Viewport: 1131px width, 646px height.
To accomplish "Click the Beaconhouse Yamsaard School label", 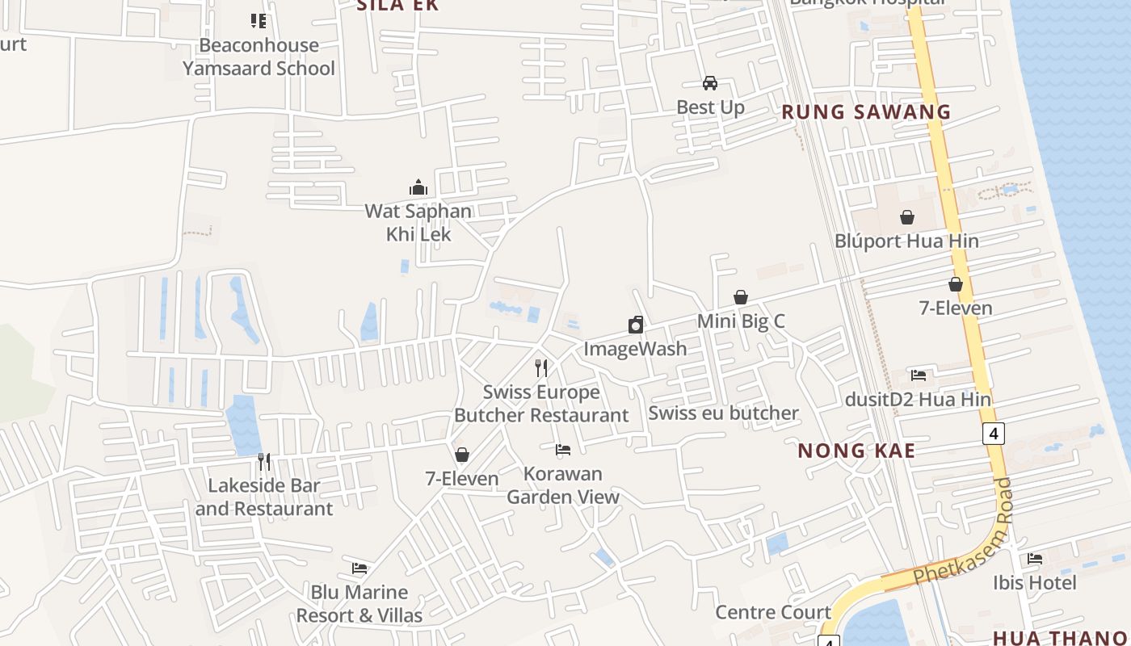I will (x=259, y=57).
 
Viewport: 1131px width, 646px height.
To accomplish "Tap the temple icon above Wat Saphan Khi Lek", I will (x=418, y=187).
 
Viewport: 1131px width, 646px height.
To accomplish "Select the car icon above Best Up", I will (x=710, y=83).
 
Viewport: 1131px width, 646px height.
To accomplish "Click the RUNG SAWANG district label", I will (x=866, y=112).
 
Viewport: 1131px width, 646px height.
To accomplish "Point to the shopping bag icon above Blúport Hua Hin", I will (x=907, y=217).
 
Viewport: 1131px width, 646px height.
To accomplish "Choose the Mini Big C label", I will (x=741, y=321).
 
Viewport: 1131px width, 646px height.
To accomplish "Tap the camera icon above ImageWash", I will (x=636, y=325).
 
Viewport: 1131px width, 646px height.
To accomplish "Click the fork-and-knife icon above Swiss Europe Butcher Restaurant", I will (x=541, y=368).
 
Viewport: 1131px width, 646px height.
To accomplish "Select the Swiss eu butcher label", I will (x=724, y=413).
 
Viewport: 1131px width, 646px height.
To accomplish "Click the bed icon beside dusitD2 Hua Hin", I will (x=919, y=375).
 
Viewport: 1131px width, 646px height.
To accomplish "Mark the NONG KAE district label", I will (x=856, y=451).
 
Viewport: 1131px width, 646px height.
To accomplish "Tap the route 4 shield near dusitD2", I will (x=994, y=434).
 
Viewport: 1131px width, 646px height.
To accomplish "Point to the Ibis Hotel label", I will (x=1034, y=582).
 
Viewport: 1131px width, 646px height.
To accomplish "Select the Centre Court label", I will (x=773, y=612).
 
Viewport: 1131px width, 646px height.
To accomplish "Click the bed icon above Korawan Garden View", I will (x=563, y=450).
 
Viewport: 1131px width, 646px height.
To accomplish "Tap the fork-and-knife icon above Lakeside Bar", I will (x=264, y=462).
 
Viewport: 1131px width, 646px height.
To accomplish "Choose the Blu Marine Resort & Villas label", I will (x=359, y=604).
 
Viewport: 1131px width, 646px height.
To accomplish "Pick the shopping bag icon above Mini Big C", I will (x=741, y=297).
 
